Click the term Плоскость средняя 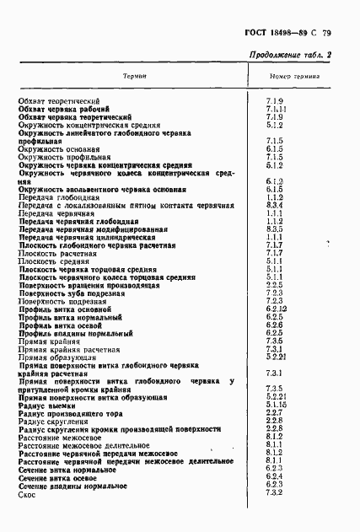point(52,262)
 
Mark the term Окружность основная point(56,149)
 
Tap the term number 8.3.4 point(273,206)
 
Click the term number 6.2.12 point(277,309)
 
